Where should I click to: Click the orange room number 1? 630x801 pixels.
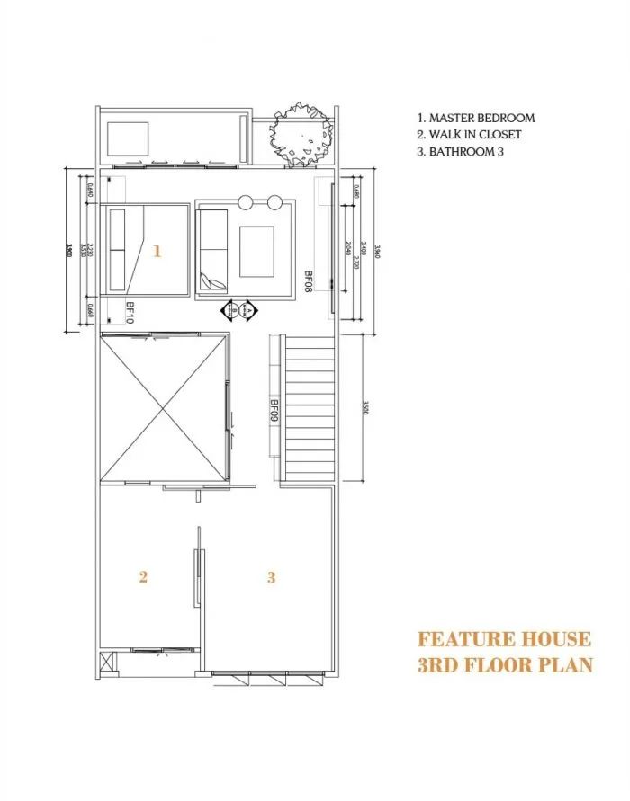(157, 252)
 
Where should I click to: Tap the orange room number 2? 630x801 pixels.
(142, 577)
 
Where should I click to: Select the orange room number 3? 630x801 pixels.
(271, 577)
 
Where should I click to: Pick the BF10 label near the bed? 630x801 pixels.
(130, 313)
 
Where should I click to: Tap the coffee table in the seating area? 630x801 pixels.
(256, 251)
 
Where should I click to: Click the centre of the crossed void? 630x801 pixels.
(162, 409)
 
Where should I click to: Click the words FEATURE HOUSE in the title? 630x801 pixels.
(504, 639)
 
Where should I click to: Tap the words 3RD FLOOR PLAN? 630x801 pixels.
(504, 665)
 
